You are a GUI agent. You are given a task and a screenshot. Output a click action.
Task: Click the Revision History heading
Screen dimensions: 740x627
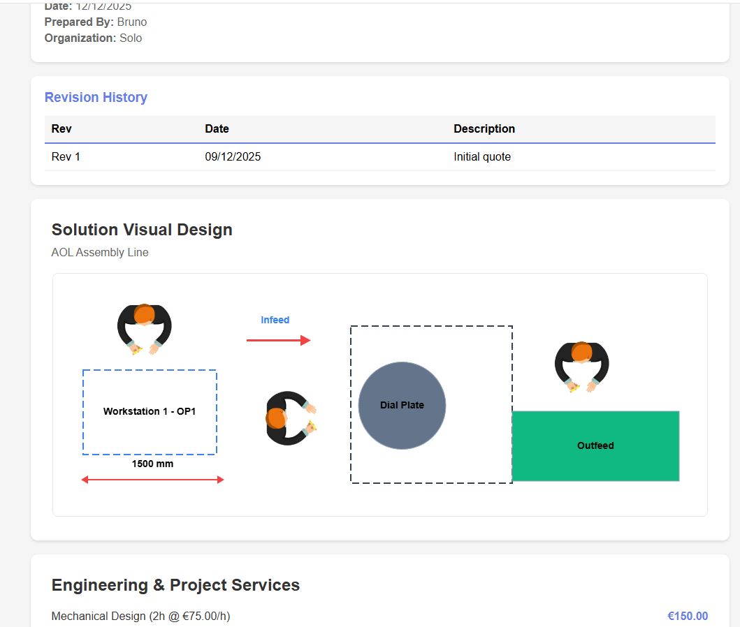tap(96, 97)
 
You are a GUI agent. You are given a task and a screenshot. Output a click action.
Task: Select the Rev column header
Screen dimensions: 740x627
tap(61, 128)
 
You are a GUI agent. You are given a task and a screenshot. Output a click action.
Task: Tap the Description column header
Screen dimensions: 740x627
tap(484, 128)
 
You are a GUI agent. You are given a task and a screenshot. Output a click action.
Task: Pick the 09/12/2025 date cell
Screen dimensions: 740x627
tap(233, 156)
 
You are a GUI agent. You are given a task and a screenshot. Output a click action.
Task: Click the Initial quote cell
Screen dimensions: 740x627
tap(482, 156)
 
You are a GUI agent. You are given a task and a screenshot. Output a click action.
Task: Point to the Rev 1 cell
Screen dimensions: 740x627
tap(66, 156)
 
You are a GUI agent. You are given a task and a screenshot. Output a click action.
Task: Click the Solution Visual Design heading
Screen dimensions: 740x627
tap(142, 230)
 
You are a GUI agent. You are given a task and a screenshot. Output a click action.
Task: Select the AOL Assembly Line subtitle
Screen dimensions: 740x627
tap(100, 252)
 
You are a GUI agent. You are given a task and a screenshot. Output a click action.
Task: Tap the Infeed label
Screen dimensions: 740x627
tap(275, 320)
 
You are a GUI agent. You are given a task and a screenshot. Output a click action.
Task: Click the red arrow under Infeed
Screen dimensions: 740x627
tap(278, 340)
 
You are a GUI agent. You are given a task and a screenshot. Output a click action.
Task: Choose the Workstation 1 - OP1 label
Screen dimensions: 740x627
tap(150, 411)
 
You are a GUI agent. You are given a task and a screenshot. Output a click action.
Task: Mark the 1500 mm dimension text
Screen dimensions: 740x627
tap(152, 464)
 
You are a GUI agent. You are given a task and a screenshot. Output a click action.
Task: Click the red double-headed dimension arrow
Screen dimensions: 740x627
tap(152, 480)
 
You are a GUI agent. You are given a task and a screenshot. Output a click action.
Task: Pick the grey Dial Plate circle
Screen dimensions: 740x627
tap(402, 406)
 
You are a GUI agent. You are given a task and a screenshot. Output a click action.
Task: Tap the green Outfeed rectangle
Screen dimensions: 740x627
tap(595, 446)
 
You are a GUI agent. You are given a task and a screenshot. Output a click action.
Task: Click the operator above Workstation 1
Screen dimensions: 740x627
tap(145, 329)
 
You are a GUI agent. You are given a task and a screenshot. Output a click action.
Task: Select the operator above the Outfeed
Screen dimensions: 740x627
tap(582, 367)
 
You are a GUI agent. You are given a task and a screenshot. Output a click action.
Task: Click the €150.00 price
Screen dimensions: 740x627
tap(688, 616)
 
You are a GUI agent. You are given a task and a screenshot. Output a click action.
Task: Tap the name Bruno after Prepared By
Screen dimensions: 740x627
tap(131, 22)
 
